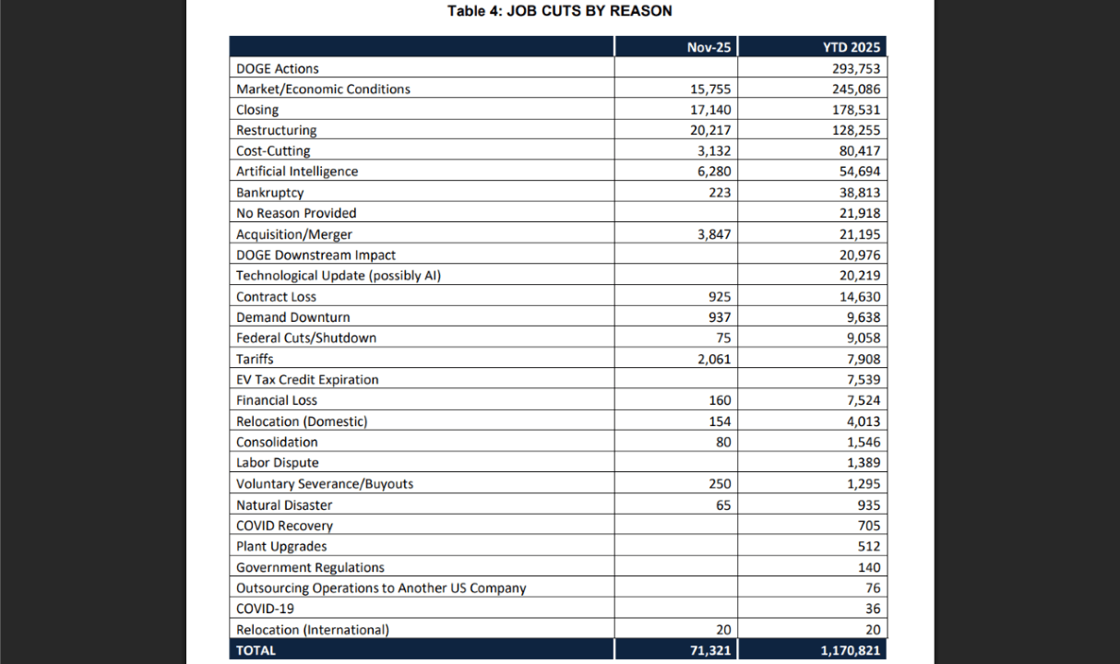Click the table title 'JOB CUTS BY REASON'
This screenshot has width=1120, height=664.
click(x=559, y=11)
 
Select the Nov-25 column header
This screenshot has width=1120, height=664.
click(x=709, y=47)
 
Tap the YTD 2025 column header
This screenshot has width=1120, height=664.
click(x=852, y=47)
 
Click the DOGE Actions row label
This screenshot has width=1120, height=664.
click(x=278, y=68)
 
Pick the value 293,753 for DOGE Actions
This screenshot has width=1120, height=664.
click(x=856, y=68)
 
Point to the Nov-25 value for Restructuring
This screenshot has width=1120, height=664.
click(x=710, y=130)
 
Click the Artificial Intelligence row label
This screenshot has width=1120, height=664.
click(x=297, y=172)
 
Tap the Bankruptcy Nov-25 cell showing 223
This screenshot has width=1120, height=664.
click(x=720, y=193)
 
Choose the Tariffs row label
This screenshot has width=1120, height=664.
click(x=255, y=359)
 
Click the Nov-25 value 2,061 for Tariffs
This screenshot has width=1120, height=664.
click(x=714, y=359)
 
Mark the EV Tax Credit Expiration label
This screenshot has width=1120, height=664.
click(x=307, y=379)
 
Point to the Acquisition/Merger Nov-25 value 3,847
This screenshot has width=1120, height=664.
click(x=714, y=234)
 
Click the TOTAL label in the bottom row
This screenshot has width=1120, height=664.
click(x=256, y=650)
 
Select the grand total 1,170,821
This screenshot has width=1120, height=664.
click(x=849, y=650)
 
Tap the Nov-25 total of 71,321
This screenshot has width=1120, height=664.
click(x=710, y=650)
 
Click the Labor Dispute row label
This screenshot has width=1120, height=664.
click(x=278, y=463)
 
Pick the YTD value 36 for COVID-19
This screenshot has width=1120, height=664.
click(x=873, y=609)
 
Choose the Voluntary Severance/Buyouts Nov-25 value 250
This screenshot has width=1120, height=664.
click(x=720, y=483)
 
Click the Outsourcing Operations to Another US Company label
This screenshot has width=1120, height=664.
click(x=381, y=587)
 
